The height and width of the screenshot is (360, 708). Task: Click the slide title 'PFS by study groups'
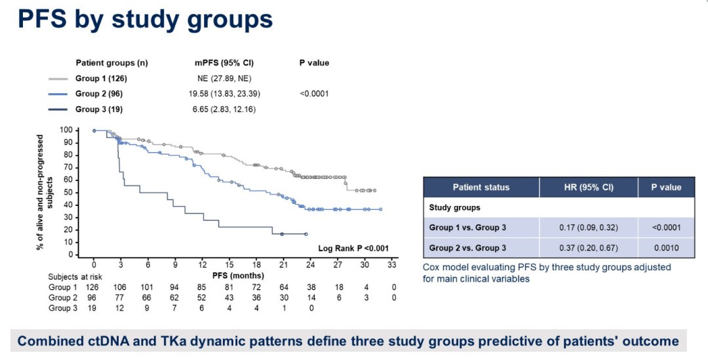[x=145, y=19]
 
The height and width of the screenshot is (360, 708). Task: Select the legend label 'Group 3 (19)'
[x=99, y=109]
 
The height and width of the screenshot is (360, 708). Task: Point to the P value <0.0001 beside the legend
[x=314, y=94]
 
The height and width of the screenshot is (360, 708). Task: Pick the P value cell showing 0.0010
[x=665, y=248]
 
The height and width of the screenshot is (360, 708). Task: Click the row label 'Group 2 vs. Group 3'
[x=467, y=248]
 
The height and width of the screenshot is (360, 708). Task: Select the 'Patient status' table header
[x=481, y=187]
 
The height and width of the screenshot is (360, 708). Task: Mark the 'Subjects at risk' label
[x=75, y=277]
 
